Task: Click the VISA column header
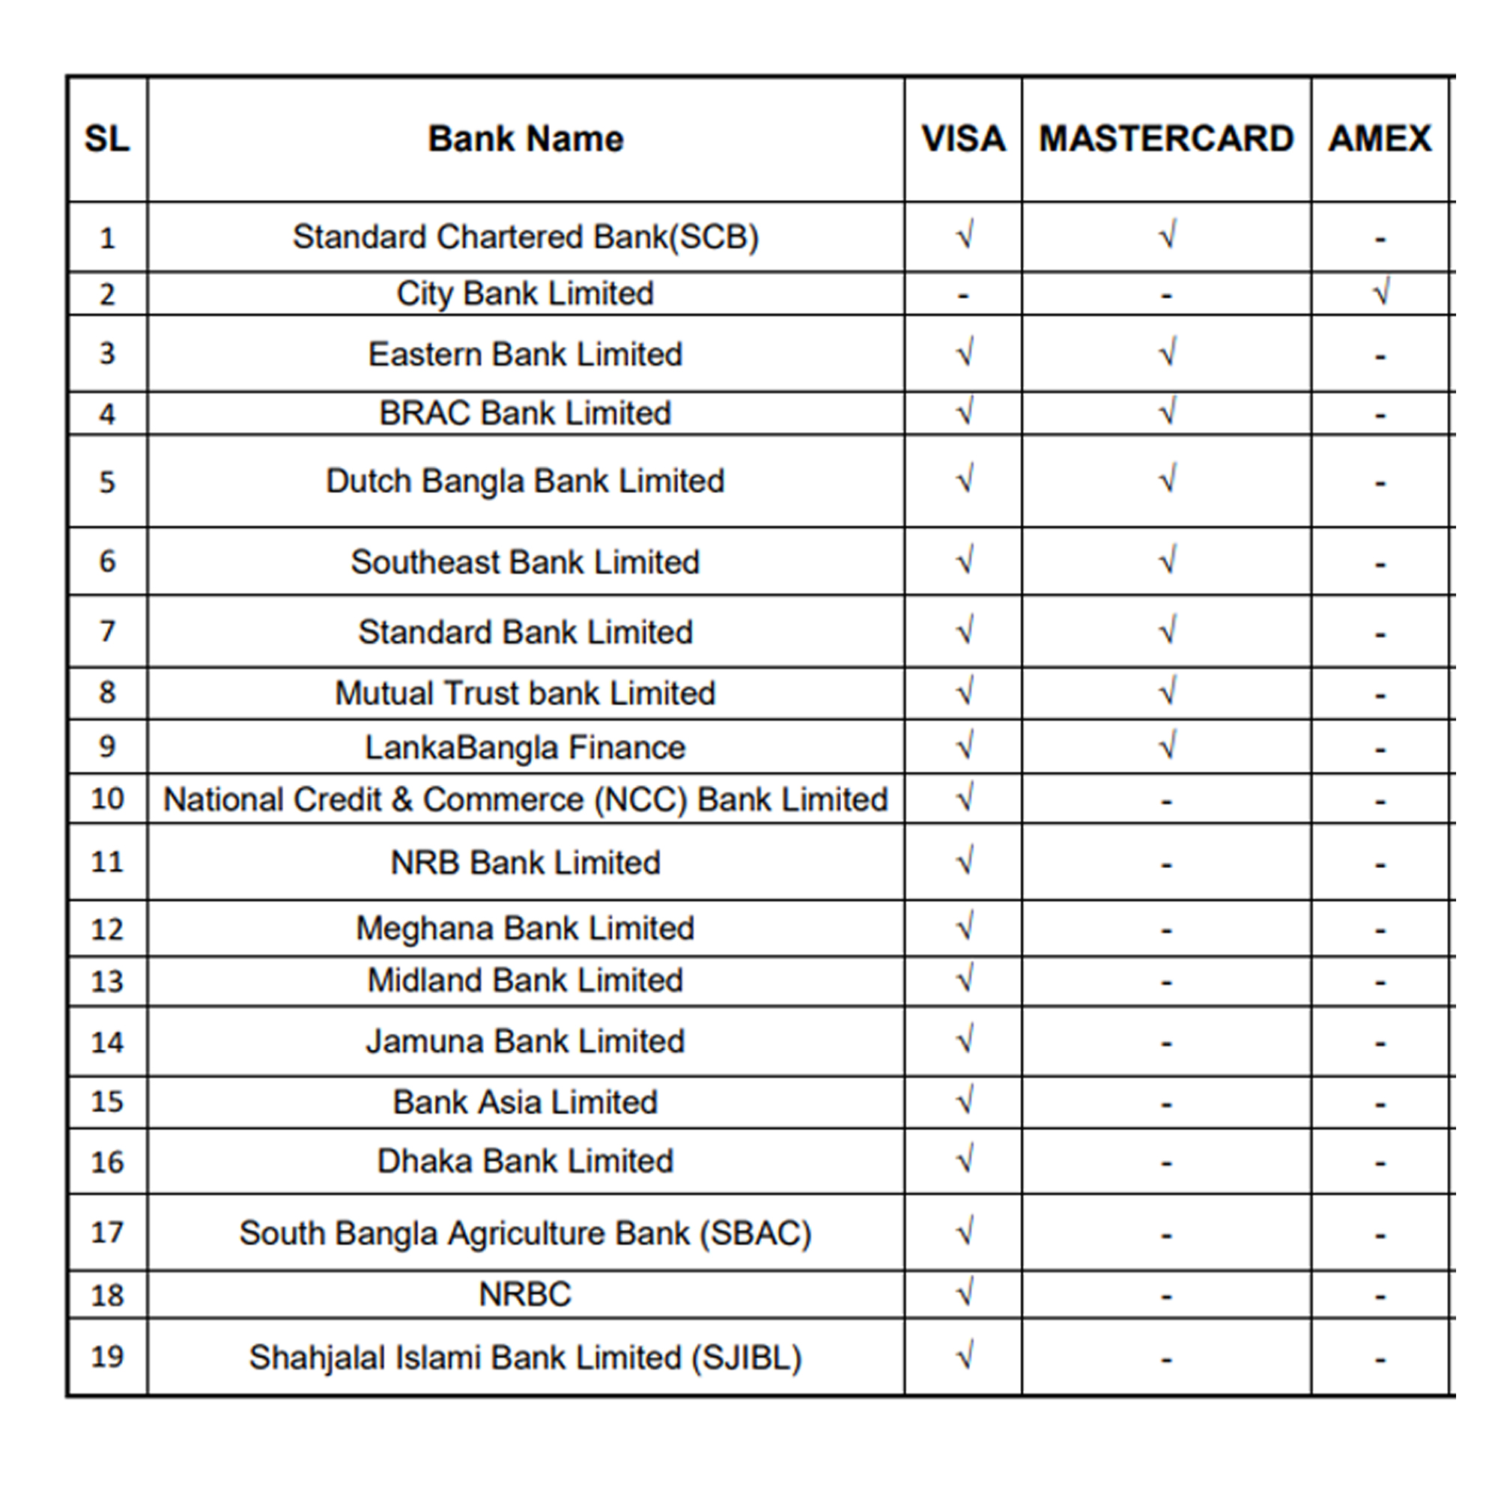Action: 963,139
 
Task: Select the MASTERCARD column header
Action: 1166,139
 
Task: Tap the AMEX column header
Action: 1380,139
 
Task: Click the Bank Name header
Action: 526,139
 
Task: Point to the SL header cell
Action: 107,139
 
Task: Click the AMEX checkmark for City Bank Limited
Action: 1381,293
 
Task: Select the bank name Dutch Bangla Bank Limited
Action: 525,482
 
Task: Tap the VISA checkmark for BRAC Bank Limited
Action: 965,412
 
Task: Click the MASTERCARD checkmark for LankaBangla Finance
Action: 1168,746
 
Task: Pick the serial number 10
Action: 107,798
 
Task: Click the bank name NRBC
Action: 525,1294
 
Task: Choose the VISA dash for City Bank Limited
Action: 963,295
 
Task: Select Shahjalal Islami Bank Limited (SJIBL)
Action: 525,1358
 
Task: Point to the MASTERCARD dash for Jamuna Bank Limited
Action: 1166,1043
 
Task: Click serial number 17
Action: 107,1233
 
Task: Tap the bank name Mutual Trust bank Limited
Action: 525,693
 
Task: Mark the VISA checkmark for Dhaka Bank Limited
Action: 965,1160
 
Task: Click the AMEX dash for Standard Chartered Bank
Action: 1380,239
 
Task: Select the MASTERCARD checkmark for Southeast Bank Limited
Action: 1168,560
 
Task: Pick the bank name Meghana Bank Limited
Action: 525,928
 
